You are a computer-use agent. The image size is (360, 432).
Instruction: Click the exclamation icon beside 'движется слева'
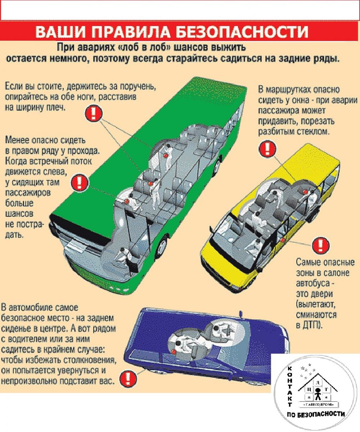[x=80, y=182]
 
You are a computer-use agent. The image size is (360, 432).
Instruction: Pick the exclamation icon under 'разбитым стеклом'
[x=267, y=149]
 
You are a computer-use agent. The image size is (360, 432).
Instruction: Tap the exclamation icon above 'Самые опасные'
[x=320, y=246]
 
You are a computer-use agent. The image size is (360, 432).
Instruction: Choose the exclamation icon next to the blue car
[x=128, y=379]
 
